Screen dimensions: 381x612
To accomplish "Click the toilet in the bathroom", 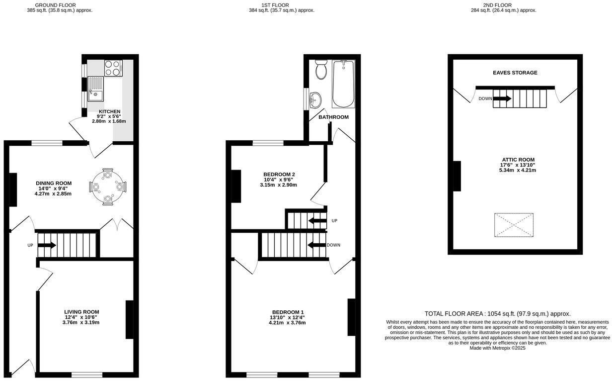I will (x=320, y=70).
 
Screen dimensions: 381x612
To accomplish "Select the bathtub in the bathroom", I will (x=343, y=84).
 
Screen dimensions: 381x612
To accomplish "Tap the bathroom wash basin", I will (x=314, y=99).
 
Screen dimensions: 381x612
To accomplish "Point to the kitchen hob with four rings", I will (x=113, y=68).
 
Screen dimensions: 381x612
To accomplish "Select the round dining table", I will (x=107, y=187).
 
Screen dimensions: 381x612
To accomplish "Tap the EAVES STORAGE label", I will (x=515, y=73).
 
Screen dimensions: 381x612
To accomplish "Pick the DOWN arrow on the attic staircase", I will (x=502, y=98).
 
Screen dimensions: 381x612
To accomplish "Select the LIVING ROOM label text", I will (x=81, y=312).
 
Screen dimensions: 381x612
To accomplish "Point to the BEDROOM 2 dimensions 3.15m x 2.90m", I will (x=278, y=185).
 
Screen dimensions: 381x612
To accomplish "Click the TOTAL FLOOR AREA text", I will (x=497, y=314).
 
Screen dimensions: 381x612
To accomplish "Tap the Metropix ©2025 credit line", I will (x=497, y=348).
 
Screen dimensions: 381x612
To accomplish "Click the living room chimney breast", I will (x=129, y=319).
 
